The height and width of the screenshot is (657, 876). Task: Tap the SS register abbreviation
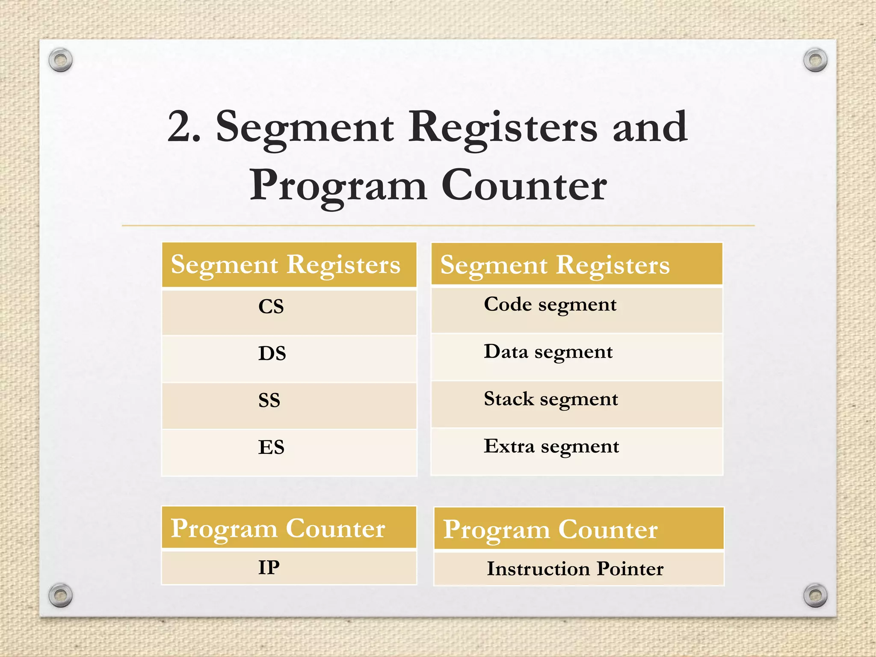(269, 400)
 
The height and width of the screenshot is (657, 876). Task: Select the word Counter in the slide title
(524, 186)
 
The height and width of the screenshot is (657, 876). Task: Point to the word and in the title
(650, 127)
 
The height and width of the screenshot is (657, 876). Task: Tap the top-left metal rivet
(60, 59)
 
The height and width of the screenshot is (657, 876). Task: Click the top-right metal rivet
(815, 59)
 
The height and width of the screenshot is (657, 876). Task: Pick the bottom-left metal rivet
(60, 595)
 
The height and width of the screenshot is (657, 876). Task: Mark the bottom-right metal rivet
(815, 595)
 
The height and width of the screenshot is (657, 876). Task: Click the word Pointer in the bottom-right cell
(630, 569)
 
